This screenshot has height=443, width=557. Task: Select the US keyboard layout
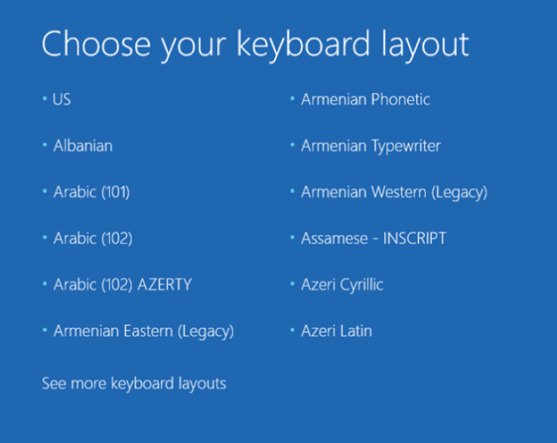click(62, 100)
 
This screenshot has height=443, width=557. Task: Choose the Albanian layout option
click(82, 146)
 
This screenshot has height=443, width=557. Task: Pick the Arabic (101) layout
click(91, 192)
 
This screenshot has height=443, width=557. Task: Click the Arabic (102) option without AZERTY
click(93, 239)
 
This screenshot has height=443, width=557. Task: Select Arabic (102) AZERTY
click(122, 284)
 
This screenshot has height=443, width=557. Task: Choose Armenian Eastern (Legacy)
click(143, 331)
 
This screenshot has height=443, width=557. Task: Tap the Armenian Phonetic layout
click(365, 100)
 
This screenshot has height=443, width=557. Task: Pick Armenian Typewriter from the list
click(371, 146)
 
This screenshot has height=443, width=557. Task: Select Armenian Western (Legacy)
click(394, 192)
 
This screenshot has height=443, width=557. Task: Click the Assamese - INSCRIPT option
click(373, 239)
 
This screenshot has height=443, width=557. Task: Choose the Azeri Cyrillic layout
click(342, 284)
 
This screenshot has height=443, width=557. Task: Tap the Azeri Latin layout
click(336, 331)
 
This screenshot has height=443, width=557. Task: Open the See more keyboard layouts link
click(134, 384)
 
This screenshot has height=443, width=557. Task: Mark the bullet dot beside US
click(45, 100)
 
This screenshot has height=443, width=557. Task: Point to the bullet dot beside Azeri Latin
click(293, 331)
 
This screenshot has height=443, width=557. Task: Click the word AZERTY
click(164, 284)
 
